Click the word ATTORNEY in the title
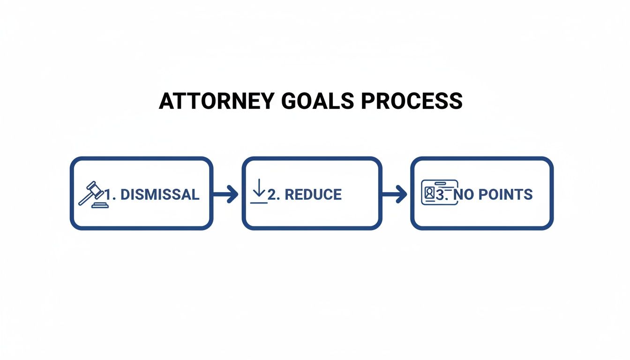coord(218,101)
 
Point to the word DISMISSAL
coord(160,195)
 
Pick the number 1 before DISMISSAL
coord(110,195)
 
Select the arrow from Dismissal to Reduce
coord(226,194)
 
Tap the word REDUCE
coord(313,195)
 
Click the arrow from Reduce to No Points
coord(395,194)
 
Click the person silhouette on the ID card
coord(429,193)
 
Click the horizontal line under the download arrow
coord(259,202)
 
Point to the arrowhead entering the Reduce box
coord(233,194)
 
